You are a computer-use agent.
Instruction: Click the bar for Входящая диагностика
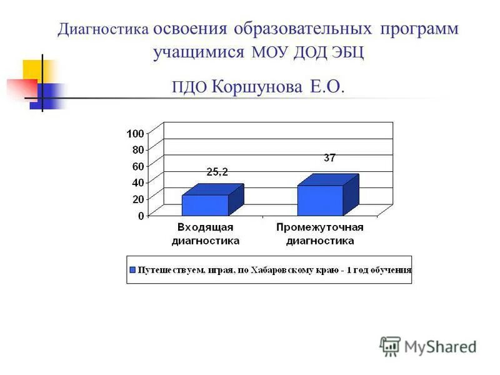pyautogui.click(x=206, y=205)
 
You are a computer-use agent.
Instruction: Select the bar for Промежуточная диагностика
pyautogui.click(x=320, y=200)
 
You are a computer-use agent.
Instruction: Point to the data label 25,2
pyautogui.click(x=217, y=172)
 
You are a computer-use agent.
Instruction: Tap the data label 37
pyautogui.click(x=329, y=158)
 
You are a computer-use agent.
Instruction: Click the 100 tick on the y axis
pyautogui.click(x=135, y=133)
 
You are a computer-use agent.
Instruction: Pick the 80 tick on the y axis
pyautogui.click(x=137, y=149)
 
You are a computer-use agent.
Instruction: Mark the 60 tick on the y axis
pyautogui.click(x=137, y=166)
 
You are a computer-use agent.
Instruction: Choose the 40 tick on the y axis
pyautogui.click(x=137, y=182)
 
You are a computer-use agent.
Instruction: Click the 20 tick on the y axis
pyautogui.click(x=137, y=199)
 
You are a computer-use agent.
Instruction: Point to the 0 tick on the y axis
pyautogui.click(x=141, y=216)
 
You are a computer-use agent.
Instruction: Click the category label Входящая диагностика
pyautogui.click(x=206, y=234)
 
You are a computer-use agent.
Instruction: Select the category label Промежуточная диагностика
pyautogui.click(x=320, y=234)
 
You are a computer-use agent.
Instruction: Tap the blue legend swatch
pyautogui.click(x=132, y=270)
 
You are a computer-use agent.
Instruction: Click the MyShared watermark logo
pyautogui.click(x=427, y=346)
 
